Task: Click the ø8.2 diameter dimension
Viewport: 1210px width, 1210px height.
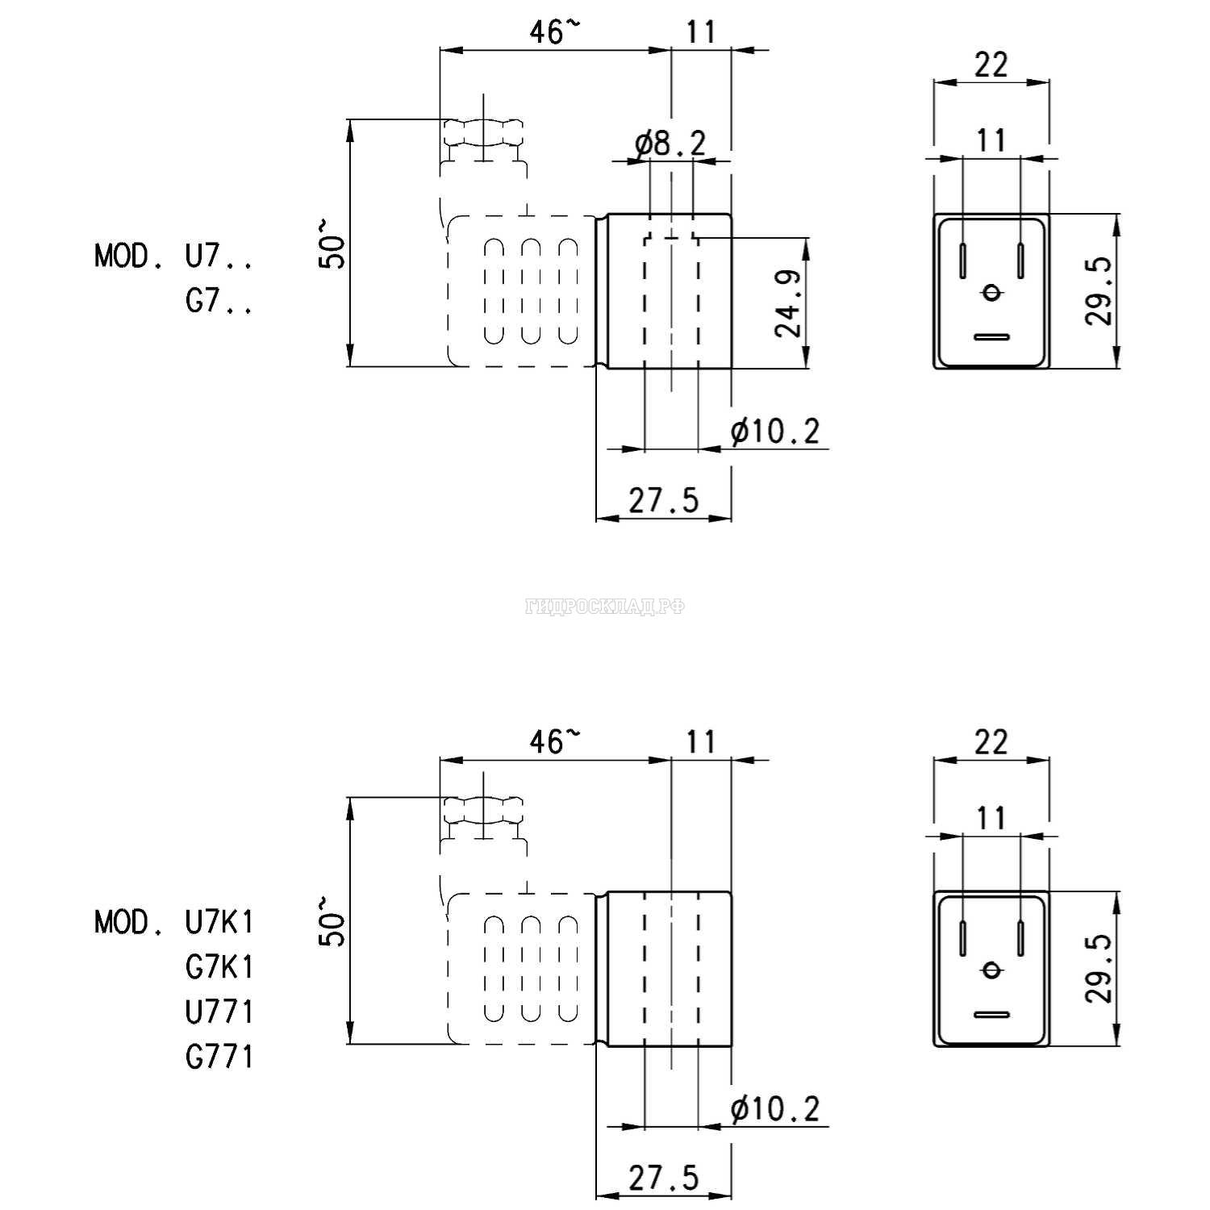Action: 670,144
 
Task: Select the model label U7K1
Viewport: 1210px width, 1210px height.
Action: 219,921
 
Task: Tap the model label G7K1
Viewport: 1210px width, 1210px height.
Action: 219,966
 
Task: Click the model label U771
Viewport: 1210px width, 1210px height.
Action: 219,1012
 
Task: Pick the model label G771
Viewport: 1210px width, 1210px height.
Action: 219,1057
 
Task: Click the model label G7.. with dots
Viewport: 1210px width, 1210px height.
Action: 219,302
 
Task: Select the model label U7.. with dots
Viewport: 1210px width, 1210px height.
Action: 219,257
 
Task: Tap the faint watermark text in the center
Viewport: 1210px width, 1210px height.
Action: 605,607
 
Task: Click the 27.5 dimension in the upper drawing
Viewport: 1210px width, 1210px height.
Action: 664,501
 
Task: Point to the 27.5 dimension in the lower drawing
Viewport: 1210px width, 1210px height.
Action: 664,1179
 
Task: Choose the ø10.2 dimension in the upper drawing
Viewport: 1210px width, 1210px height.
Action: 775,432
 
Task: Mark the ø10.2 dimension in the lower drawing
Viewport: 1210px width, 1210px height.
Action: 775,1110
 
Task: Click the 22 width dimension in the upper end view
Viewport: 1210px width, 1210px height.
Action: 991,65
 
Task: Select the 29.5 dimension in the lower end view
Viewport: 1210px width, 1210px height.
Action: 1099,968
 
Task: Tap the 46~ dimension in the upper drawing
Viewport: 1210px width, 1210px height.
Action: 554,32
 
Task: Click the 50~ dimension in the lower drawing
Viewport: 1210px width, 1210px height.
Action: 332,920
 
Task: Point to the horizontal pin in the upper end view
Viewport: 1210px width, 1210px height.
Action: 991,337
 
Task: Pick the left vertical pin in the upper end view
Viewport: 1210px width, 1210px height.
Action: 963,260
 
